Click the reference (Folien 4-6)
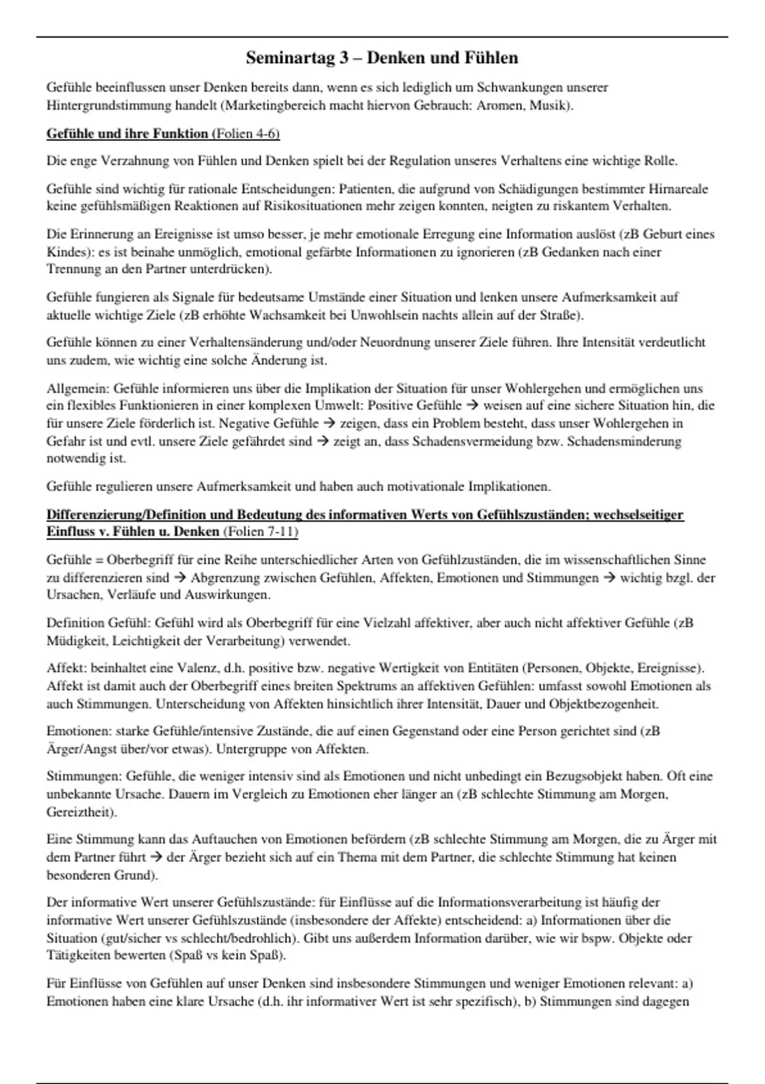point(245,133)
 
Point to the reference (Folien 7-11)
point(261,531)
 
